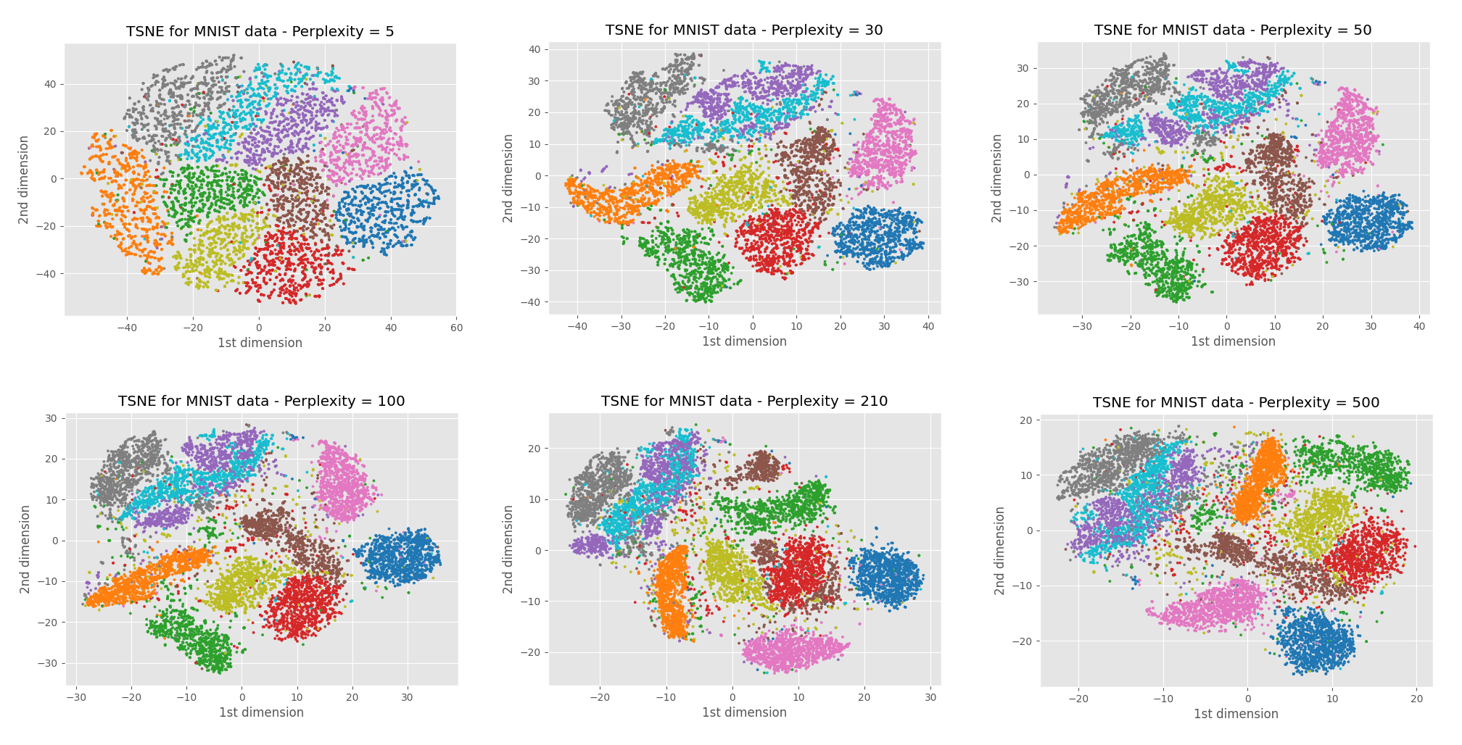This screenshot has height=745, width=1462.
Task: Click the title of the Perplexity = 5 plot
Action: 260,31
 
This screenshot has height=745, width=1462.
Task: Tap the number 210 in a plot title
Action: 872,401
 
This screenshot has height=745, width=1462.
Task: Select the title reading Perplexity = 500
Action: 1236,402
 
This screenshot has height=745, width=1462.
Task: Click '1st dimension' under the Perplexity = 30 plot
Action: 744,341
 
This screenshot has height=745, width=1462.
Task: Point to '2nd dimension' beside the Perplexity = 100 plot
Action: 25,549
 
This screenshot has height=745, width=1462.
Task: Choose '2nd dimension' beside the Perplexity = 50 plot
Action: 997,178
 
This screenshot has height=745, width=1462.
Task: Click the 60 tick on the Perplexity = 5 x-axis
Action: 456,328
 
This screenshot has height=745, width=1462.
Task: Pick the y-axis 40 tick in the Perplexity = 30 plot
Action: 534,49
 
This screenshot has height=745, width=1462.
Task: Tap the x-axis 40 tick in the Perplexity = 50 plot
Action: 1419,326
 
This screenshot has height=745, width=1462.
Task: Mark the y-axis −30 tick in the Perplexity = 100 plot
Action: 51,663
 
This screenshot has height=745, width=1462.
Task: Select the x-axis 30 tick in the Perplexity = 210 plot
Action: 930,697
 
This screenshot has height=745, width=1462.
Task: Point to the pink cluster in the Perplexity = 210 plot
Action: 794,650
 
